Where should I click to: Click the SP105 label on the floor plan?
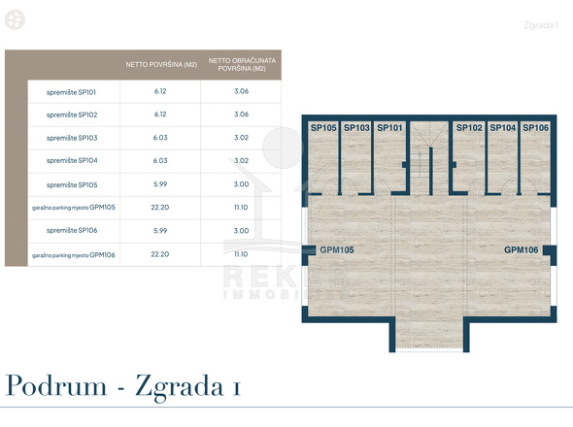click(323, 128)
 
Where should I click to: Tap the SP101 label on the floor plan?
click(389, 128)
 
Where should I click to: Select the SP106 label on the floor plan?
click(536, 128)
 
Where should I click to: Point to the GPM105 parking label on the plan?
click(337, 250)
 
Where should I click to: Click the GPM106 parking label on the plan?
click(522, 250)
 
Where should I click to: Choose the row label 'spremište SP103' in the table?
click(72, 138)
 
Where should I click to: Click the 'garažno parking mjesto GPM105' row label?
click(74, 208)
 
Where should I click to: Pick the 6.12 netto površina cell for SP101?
click(160, 91)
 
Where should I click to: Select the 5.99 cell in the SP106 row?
click(160, 231)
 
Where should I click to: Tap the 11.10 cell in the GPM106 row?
click(241, 254)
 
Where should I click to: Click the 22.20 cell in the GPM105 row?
click(160, 208)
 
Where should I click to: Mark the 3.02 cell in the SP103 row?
click(241, 138)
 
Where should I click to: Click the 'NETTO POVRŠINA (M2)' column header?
click(161, 65)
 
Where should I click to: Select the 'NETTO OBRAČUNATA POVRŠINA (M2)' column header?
click(242, 65)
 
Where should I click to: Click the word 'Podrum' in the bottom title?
click(56, 385)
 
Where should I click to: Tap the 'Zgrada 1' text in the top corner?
click(541, 25)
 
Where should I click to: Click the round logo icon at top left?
click(15, 19)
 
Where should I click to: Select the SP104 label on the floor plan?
click(502, 128)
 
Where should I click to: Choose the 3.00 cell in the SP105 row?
click(241, 184)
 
